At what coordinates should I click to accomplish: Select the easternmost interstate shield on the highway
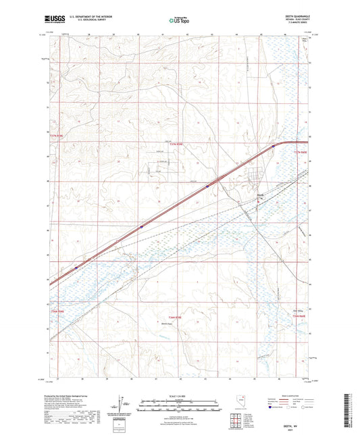pyautogui.click(x=273, y=145)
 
